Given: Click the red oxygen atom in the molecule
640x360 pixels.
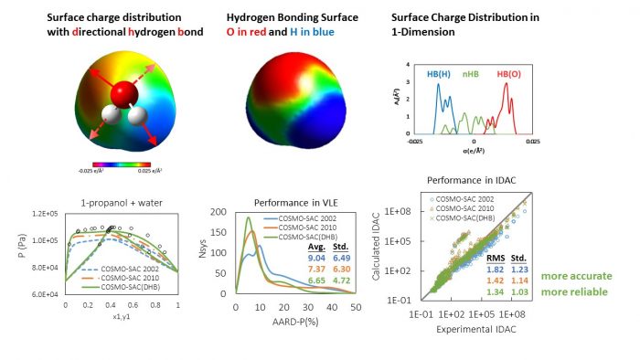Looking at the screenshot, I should click(124, 95).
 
